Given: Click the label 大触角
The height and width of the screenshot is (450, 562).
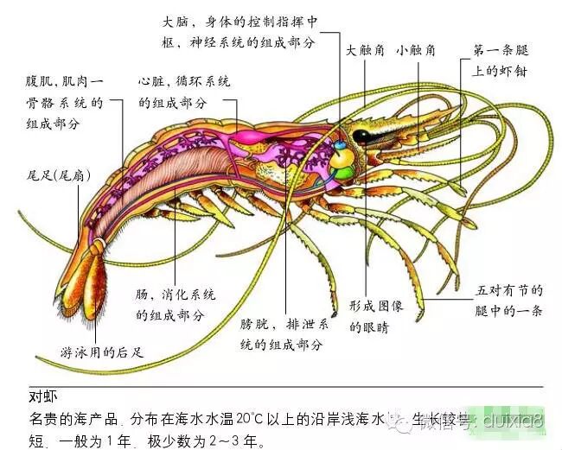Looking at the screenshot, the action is (x=365, y=51).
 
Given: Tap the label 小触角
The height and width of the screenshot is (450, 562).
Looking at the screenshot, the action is (x=417, y=51).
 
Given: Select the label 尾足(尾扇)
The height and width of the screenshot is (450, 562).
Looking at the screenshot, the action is (x=60, y=174).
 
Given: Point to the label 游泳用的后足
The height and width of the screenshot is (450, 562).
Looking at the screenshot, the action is (x=101, y=352).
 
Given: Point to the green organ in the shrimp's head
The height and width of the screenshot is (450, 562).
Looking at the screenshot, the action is (x=345, y=174).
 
